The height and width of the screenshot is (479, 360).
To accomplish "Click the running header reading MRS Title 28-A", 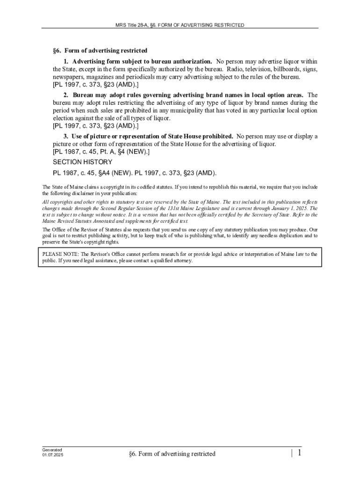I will pyautogui.click(x=180, y=25).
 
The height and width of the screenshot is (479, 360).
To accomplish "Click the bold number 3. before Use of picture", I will pyautogui.click(x=66, y=137).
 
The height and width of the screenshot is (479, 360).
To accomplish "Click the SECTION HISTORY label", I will pyautogui.click(x=82, y=162).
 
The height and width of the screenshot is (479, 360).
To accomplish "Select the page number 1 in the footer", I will pyautogui.click(x=299, y=453).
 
